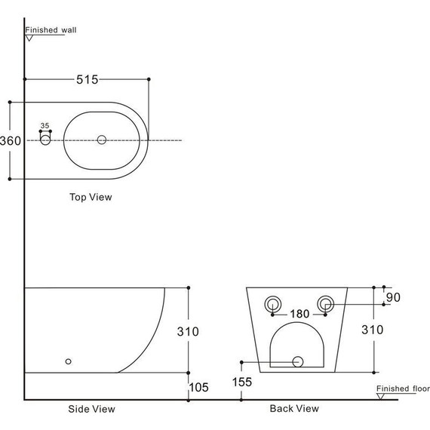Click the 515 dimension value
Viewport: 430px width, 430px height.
point(88,79)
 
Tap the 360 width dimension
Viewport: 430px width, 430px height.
point(11,140)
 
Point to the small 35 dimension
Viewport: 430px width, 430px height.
point(45,125)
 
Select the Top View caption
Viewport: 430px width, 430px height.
point(91,197)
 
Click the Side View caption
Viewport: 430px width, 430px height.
point(91,409)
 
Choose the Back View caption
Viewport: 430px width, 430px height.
point(294,408)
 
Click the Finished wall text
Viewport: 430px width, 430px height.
point(51,30)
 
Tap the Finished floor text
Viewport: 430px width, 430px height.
point(403,389)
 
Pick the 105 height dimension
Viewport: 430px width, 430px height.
point(199,388)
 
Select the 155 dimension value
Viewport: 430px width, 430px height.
point(242,382)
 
